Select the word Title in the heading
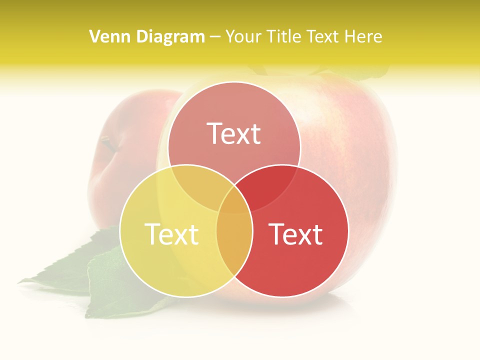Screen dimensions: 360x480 click(283, 36)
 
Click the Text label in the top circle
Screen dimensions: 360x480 click(234, 133)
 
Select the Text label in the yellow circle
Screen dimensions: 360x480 click(171, 234)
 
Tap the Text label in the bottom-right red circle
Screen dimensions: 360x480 click(295, 234)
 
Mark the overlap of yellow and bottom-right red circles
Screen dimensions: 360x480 click(234, 240)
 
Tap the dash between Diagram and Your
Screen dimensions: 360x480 click(215, 37)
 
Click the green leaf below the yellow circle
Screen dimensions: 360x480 click(107, 285)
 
